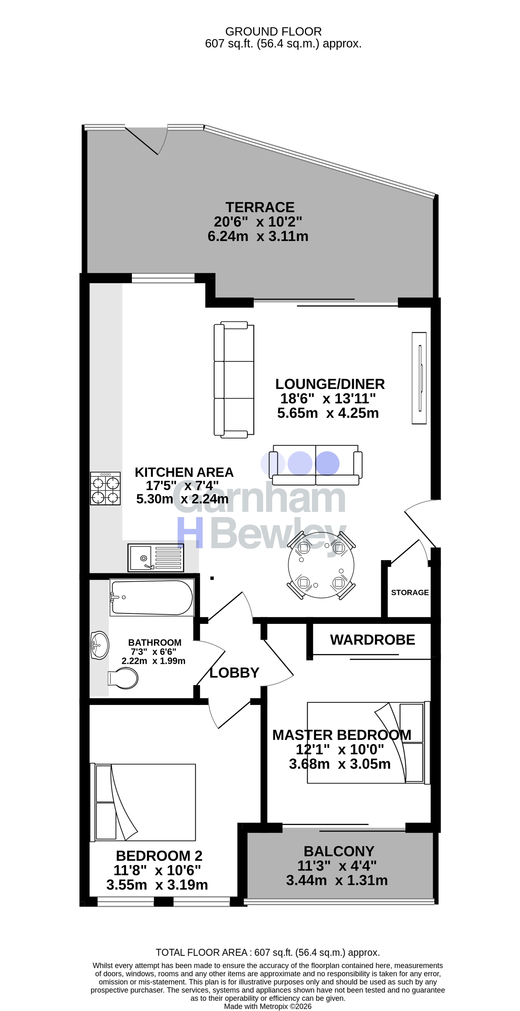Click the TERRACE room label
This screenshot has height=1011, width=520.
coord(260,207)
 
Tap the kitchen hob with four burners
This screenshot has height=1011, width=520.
coord(105,488)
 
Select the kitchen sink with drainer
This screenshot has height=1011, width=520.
coord(156,557)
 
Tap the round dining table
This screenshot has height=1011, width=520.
coord(321,565)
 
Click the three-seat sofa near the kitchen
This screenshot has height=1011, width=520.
coord(234,379)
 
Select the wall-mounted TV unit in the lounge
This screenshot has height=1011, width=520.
coord(419,378)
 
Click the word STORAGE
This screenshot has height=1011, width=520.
coord(410,593)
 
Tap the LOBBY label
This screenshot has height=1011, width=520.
coord(234,673)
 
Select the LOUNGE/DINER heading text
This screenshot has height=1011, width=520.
coord(330,384)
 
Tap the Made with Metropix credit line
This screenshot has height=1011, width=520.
coord(268,1007)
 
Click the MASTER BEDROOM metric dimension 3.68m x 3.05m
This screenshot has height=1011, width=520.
coord(340,764)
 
